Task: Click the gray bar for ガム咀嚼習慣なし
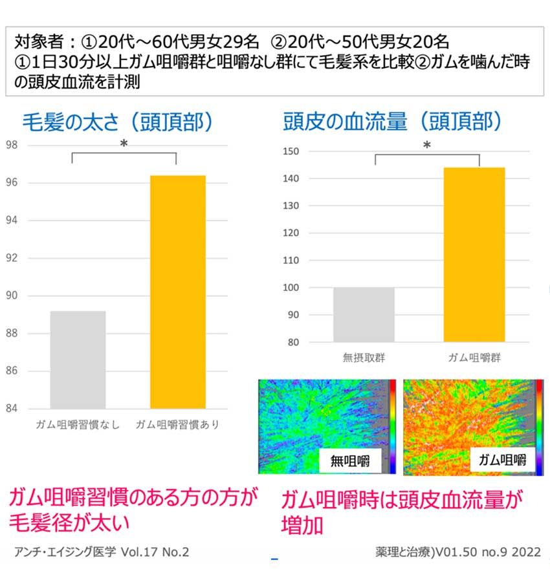[78, 360]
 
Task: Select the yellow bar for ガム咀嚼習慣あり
[178, 292]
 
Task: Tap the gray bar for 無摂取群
[364, 314]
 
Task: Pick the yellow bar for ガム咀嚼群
[474, 254]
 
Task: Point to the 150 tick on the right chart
[292, 151]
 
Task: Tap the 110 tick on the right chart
[292, 261]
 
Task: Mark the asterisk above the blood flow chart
[426, 146]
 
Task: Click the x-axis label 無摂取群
[364, 358]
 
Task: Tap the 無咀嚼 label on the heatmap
[351, 461]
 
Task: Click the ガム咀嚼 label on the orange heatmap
[502, 460]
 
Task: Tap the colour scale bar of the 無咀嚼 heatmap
[392, 427]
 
